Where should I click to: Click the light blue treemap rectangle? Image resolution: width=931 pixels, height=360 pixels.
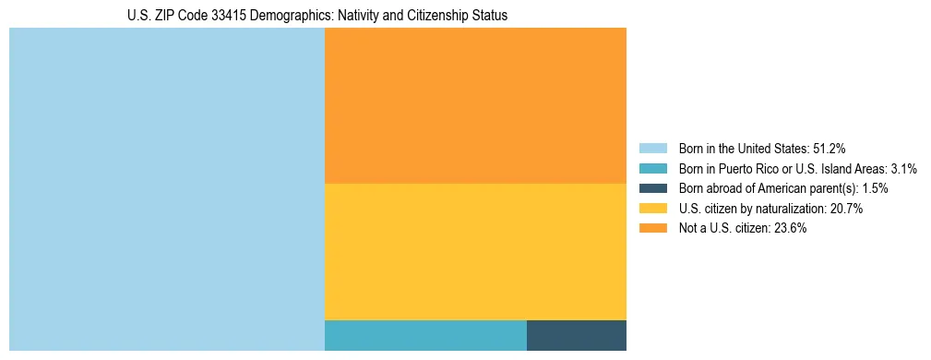coord(166,189)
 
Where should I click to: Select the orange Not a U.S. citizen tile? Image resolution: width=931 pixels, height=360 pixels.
coord(475,105)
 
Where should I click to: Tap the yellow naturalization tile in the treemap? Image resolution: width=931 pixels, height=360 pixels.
coord(475,251)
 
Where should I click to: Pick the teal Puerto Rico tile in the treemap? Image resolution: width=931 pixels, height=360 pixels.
coord(425,335)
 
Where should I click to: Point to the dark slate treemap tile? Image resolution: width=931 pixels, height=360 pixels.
coord(576,335)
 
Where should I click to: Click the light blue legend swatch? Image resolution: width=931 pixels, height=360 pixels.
coord(652,149)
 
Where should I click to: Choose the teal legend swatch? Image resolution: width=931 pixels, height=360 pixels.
coord(652,169)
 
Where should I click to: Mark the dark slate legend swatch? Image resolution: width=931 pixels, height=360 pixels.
coord(652,188)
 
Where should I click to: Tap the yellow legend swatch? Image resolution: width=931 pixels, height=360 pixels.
coord(652,209)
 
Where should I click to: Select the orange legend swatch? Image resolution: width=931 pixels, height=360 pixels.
coord(652,229)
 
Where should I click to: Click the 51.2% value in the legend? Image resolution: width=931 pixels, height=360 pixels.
coord(829,149)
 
